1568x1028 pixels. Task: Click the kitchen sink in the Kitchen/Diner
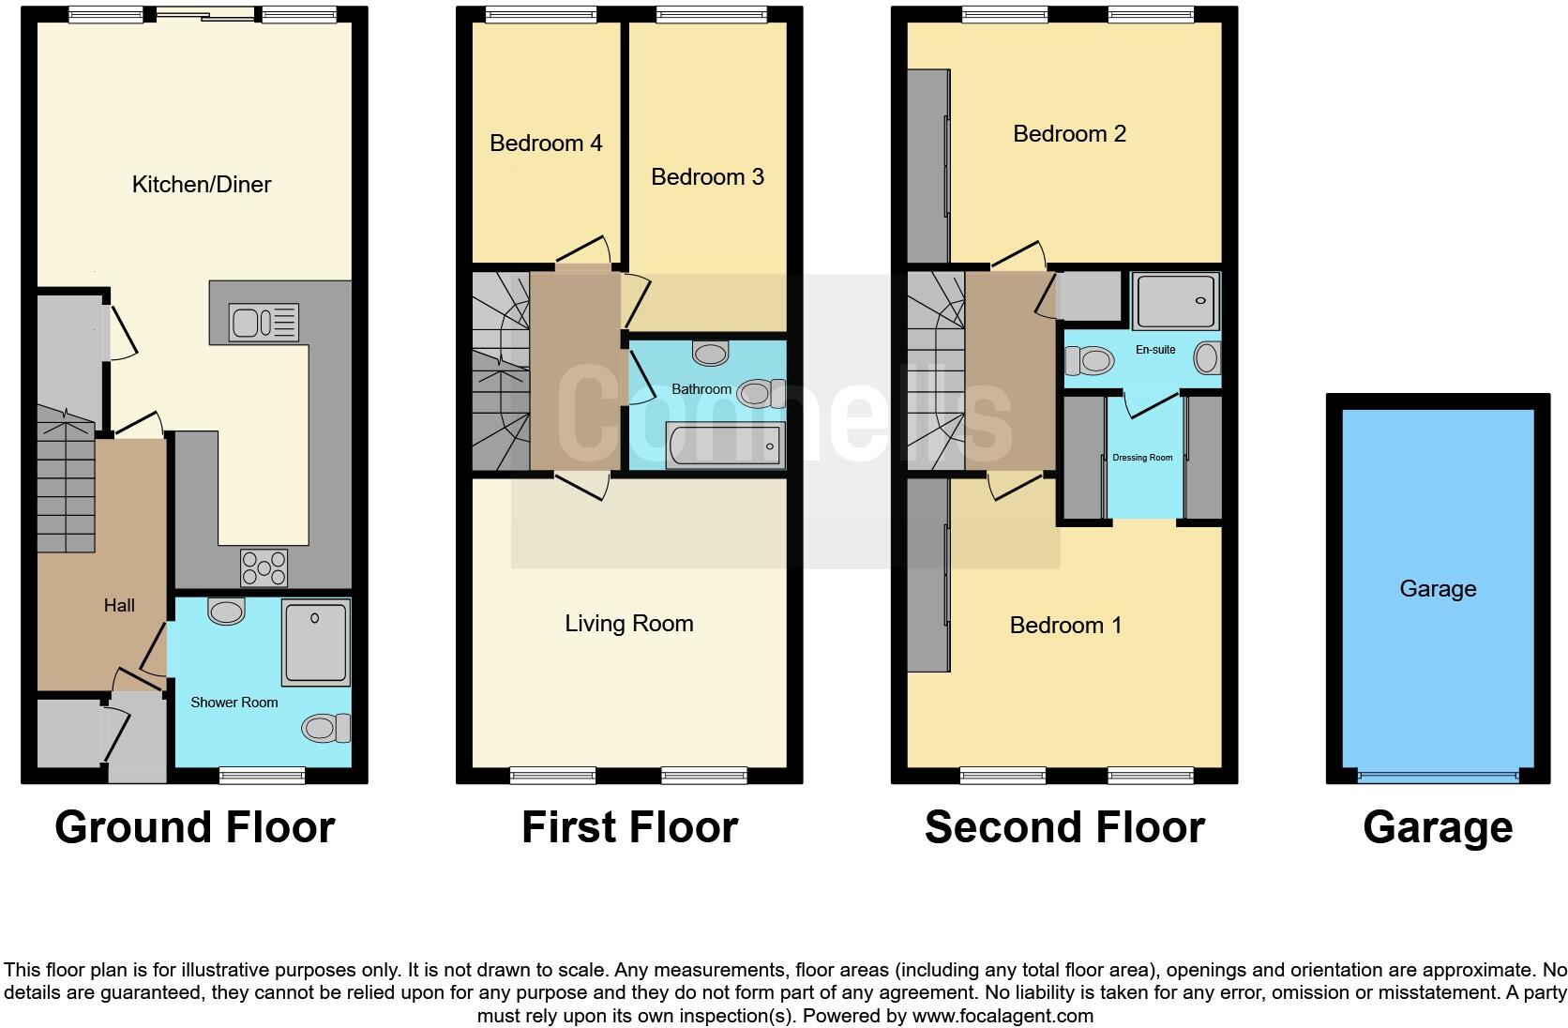(x=264, y=323)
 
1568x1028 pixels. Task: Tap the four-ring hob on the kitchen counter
(x=264, y=567)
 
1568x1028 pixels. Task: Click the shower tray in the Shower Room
(x=316, y=642)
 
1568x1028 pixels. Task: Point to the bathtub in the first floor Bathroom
(x=725, y=445)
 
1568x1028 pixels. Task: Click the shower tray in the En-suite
(x=1176, y=300)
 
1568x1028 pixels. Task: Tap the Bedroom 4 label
(x=546, y=144)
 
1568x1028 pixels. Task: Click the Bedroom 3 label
(x=707, y=177)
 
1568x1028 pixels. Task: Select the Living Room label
(x=629, y=624)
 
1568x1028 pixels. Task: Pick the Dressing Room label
(x=1142, y=458)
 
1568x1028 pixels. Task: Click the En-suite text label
(x=1155, y=350)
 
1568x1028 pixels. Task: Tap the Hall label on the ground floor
(x=119, y=606)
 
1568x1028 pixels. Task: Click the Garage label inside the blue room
(x=1438, y=589)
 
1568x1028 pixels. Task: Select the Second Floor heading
(x=1064, y=827)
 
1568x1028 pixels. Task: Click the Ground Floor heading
(x=195, y=827)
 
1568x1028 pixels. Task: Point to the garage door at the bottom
(x=1438, y=776)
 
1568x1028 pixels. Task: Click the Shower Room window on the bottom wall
(x=262, y=775)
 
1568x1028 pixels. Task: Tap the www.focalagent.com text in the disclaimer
(x=1003, y=1015)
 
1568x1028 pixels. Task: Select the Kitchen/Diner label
(x=202, y=185)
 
